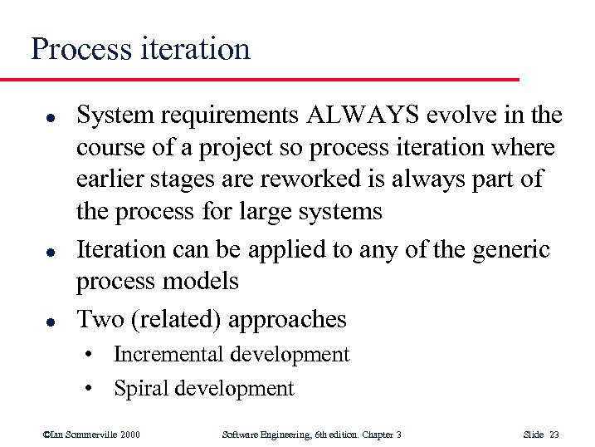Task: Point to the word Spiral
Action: [x=137, y=388]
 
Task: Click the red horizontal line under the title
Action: [x=257, y=79]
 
